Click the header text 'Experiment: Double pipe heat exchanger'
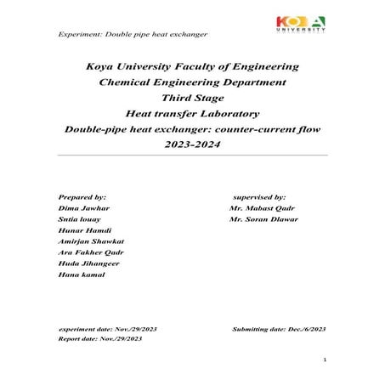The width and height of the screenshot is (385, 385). [132, 34]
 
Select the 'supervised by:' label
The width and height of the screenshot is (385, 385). [264, 196]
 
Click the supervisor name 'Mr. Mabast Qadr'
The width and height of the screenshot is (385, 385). [263, 207]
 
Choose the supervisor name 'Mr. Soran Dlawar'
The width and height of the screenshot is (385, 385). [265, 219]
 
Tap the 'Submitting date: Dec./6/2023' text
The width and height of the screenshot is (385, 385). [279, 327]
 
